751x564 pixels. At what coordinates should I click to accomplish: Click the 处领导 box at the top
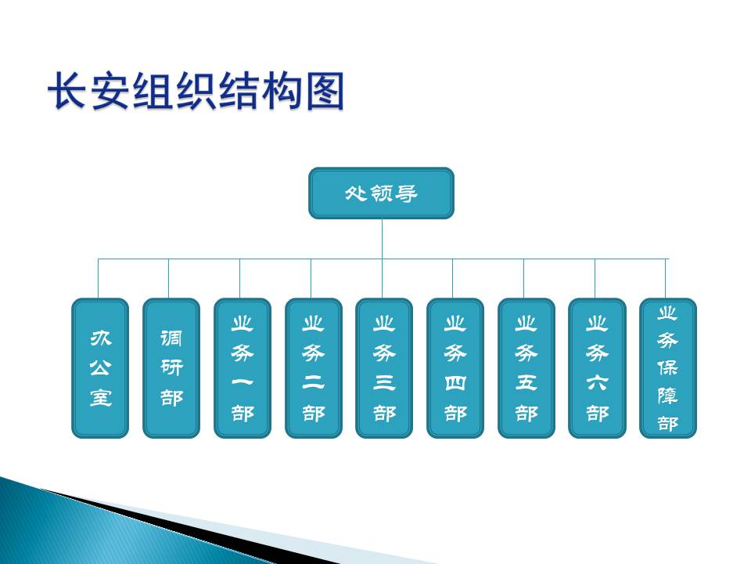coord(381,193)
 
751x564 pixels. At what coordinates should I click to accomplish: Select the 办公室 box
coord(100,368)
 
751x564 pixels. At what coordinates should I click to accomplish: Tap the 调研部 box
coord(171,368)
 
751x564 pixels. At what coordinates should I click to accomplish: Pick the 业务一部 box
coord(243,368)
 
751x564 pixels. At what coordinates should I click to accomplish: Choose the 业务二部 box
coord(313,368)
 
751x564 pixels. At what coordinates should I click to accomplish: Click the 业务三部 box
coord(384,368)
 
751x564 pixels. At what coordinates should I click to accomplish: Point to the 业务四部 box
coord(455,368)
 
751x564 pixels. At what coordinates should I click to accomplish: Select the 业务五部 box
coord(526,368)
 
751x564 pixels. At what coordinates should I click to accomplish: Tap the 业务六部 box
coord(597,368)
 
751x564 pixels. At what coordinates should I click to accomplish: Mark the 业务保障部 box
coord(667,368)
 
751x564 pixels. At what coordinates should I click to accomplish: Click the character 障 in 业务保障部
coord(667,396)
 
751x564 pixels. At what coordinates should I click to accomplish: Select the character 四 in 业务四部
coord(455,383)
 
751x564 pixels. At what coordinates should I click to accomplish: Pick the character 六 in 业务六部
coord(597,383)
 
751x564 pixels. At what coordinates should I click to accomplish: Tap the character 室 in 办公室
coord(101,398)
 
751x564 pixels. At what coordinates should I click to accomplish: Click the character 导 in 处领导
coord(406,193)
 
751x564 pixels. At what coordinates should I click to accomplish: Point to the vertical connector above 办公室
coord(99,279)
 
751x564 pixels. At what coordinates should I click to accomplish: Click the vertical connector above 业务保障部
coord(665,279)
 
